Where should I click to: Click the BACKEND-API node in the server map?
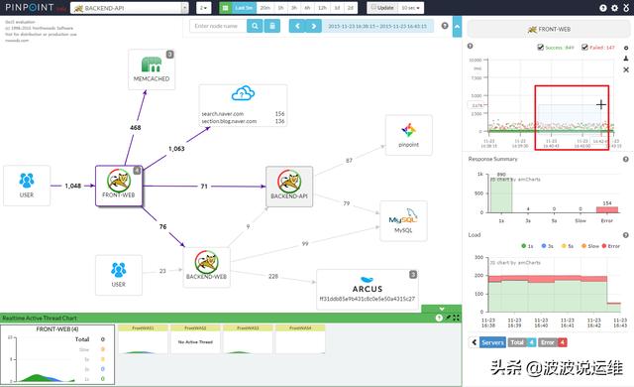289,183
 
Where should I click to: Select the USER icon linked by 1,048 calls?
27,182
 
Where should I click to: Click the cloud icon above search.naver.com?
243,95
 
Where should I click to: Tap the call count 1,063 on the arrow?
176,149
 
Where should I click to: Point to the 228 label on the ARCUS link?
272,277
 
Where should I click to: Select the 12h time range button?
323,7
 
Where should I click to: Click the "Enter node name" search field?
220,25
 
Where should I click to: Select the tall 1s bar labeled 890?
501,192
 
